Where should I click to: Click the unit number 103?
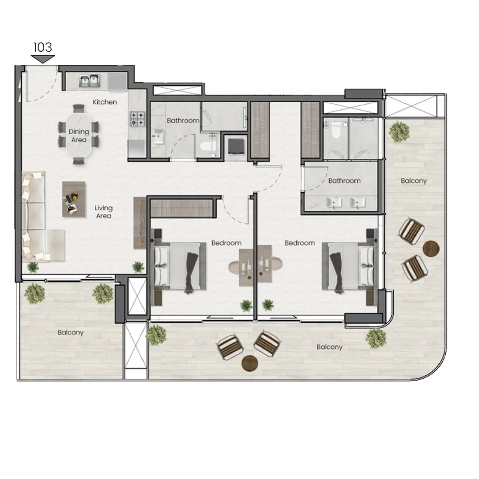pos(43,48)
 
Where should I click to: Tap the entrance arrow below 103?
pos(43,59)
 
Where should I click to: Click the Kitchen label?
pos(105,102)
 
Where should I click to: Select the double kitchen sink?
pos(89,81)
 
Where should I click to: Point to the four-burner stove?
pos(137,119)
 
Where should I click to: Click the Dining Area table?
pos(79,135)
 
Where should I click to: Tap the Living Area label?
pos(103,212)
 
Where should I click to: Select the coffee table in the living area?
pos(73,199)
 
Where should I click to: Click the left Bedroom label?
pos(226,243)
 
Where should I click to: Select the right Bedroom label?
pos(300,243)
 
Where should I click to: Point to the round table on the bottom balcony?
pos(250,363)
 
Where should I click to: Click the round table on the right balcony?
pos(431,248)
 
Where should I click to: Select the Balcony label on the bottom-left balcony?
pos(70,332)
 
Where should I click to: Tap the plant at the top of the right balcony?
pos(399,131)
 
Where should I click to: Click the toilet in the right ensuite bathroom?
pos(335,129)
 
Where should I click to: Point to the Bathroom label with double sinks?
pos(344,181)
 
